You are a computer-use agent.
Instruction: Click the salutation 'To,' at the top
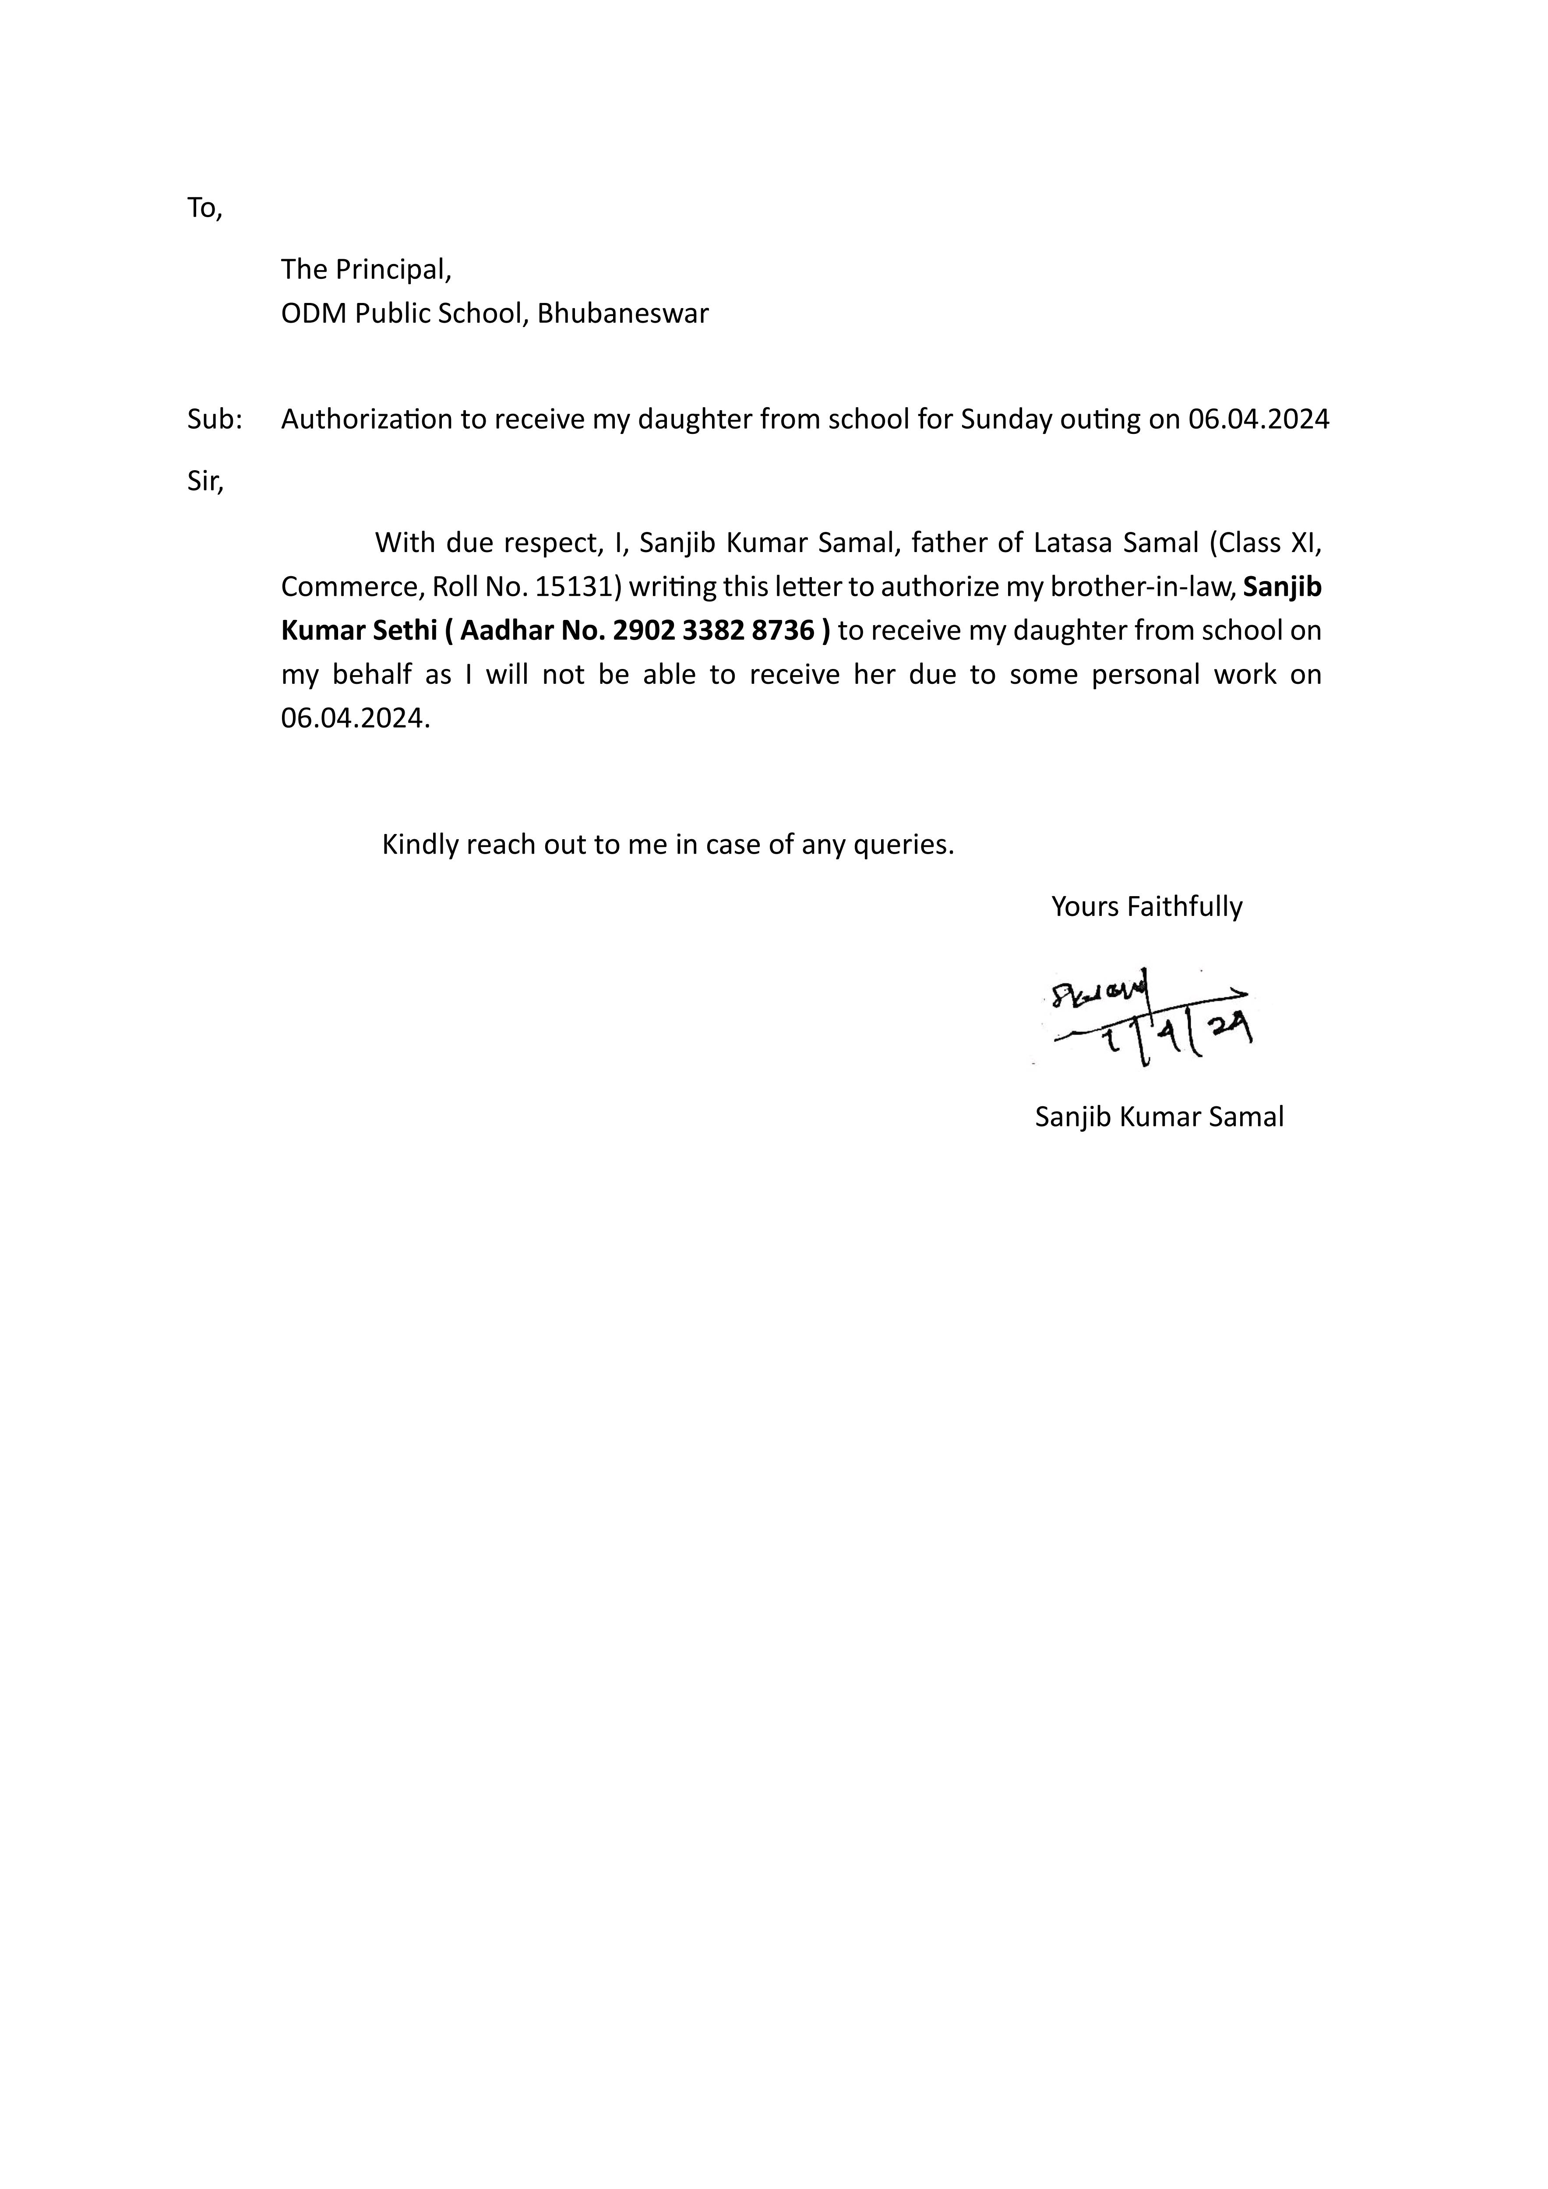click(x=204, y=208)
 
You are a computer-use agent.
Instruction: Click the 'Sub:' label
click(x=215, y=419)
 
